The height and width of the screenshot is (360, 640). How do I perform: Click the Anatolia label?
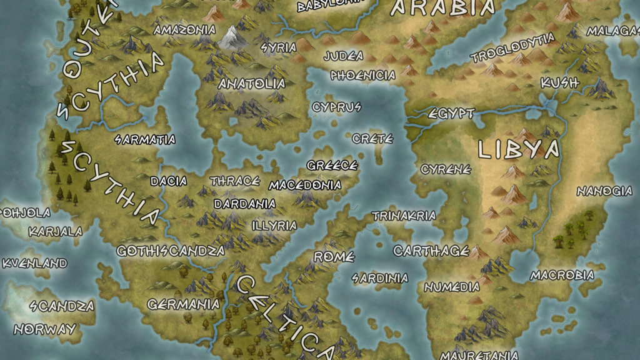tap(252, 84)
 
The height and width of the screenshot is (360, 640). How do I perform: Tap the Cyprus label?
tap(336, 107)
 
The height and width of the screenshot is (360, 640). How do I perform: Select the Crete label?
tap(372, 139)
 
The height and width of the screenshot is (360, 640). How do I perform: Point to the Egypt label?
tap(451, 114)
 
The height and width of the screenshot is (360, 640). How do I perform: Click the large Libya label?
tap(518, 150)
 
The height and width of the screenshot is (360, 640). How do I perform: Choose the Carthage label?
tap(431, 251)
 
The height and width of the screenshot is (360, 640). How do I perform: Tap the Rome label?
tap(334, 257)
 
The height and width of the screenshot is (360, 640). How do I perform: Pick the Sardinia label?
tap(380, 278)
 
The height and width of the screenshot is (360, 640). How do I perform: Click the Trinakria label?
tap(404, 216)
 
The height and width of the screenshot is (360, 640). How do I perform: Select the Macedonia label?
tap(306, 186)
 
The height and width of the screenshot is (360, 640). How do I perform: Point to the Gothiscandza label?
tap(171, 251)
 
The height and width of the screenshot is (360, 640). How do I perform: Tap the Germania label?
tap(184, 305)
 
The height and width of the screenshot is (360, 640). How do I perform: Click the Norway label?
tap(45, 329)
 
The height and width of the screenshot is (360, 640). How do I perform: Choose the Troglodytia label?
tap(512, 48)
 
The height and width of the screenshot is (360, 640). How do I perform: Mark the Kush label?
tap(559, 82)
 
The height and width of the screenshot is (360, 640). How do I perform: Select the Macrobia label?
tap(562, 275)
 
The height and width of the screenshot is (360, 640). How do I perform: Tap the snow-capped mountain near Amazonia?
tap(234, 37)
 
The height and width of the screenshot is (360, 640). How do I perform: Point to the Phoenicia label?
tap(363, 76)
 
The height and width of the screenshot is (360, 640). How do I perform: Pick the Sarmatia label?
tap(145, 139)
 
